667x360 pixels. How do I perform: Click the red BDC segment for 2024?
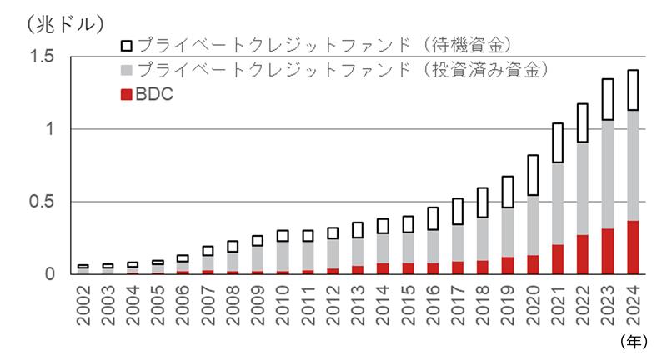click(x=633, y=247)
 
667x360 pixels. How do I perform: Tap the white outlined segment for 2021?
click(x=559, y=142)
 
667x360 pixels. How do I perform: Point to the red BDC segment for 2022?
click(x=583, y=254)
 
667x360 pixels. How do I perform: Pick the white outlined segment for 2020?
click(x=534, y=175)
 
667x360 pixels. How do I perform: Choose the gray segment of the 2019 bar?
click(x=509, y=232)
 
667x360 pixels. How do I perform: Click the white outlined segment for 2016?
click(x=434, y=218)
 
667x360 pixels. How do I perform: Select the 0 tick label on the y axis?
click(x=51, y=274)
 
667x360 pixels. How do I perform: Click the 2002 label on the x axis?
click(x=83, y=302)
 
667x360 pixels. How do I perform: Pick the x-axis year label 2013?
click(x=359, y=302)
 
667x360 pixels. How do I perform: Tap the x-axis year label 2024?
click(x=633, y=302)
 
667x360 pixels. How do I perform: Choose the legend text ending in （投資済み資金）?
click(x=342, y=69)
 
